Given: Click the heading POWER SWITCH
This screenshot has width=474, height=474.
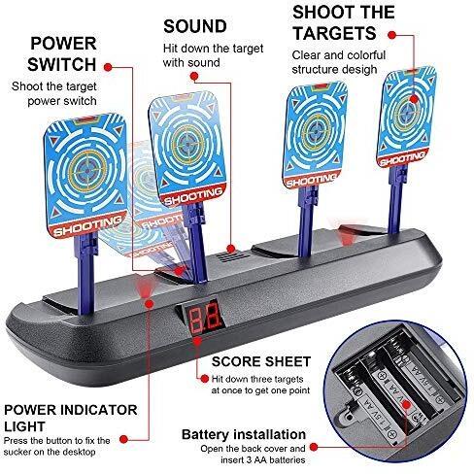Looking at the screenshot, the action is pyautogui.click(x=62, y=53).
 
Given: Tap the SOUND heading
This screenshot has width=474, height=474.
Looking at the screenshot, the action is pyautogui.click(x=195, y=26).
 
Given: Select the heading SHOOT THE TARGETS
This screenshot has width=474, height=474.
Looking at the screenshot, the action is pyautogui.click(x=343, y=22).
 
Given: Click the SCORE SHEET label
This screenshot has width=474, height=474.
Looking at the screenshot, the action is pyautogui.click(x=261, y=361).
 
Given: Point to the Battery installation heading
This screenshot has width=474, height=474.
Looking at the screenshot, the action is pyautogui.click(x=244, y=434).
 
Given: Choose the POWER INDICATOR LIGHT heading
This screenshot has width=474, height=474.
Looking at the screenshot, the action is pyautogui.click(x=70, y=418).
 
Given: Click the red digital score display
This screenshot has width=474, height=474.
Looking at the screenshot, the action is pyautogui.click(x=206, y=317).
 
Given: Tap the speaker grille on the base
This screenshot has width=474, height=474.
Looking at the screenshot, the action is pyautogui.click(x=232, y=257).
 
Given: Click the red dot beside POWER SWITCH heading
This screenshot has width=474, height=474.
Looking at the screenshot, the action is pyautogui.click(x=108, y=67).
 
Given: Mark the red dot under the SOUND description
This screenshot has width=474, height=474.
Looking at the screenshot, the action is pyautogui.click(x=194, y=76).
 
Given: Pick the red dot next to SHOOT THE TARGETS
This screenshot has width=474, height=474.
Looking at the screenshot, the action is pyautogui.click(x=391, y=35).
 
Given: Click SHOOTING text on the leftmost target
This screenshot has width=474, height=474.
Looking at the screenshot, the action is pyautogui.click(x=86, y=225).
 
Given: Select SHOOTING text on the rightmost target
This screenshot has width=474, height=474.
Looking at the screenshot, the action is pyautogui.click(x=401, y=158).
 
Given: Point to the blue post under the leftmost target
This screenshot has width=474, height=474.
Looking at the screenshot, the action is pyautogui.click(x=85, y=274).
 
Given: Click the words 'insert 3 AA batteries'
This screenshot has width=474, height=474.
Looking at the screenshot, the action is pyautogui.click(x=263, y=459).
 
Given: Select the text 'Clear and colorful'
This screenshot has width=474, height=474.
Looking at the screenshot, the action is pyautogui.click(x=339, y=55).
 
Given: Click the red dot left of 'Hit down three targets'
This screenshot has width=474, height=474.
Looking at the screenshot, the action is pyautogui.click(x=205, y=379).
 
